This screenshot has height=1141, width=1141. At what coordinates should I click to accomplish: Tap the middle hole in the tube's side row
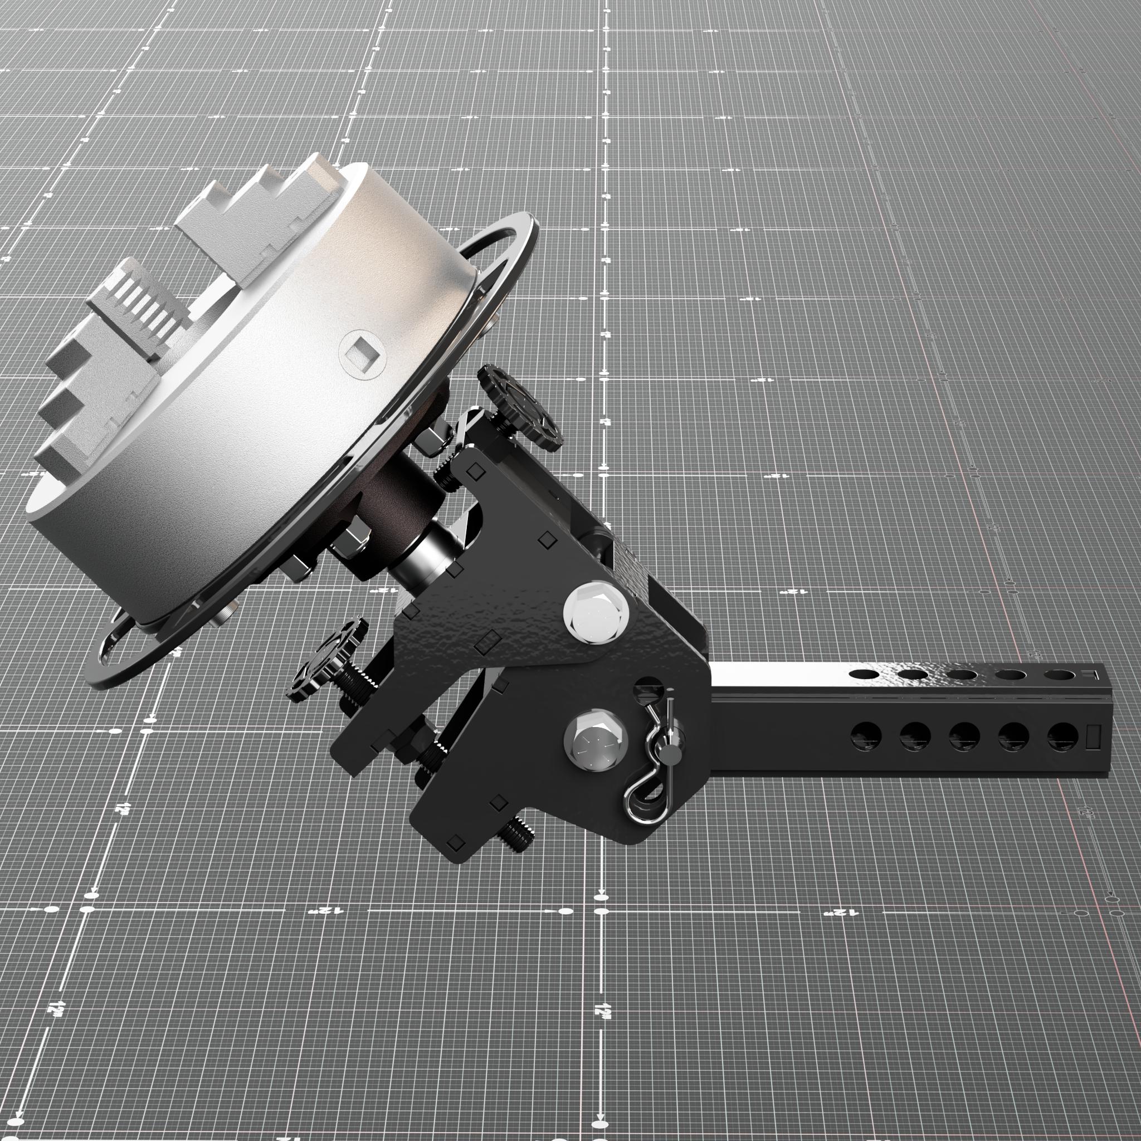click(x=964, y=736)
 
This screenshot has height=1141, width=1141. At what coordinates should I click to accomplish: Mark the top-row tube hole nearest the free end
click(x=1057, y=675)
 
